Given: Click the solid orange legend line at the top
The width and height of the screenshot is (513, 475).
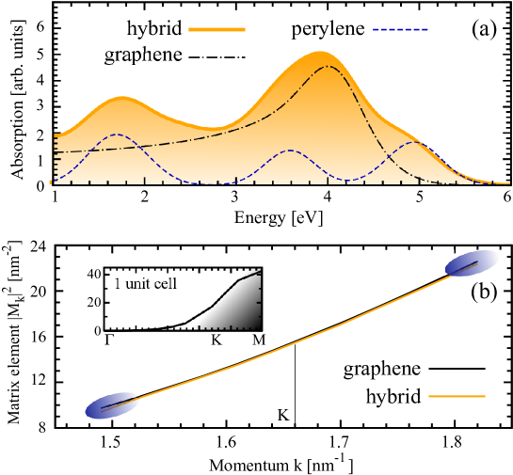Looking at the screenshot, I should click(216, 29).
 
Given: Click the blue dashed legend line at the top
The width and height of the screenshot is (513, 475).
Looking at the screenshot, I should click(401, 29).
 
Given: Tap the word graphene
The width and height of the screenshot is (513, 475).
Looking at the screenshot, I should click(143, 56).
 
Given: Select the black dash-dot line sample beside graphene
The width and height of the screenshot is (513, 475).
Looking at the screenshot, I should click(216, 57).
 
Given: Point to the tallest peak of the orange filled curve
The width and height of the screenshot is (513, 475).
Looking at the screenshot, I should click(320, 54).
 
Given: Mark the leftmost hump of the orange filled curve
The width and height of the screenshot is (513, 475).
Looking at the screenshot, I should click(120, 98).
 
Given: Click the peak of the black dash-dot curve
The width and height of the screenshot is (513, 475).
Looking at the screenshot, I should click(327, 67).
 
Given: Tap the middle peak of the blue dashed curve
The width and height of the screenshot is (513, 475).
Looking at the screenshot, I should click(290, 150).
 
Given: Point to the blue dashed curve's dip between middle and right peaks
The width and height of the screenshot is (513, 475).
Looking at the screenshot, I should click(348, 179).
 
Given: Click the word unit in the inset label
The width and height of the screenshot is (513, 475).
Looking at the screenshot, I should click(140, 283).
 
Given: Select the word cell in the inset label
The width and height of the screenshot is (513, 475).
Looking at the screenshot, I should click(166, 283).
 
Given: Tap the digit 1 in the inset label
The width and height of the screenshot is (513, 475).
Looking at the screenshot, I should click(117, 283).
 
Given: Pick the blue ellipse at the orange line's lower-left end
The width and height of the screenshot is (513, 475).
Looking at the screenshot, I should click(113, 405).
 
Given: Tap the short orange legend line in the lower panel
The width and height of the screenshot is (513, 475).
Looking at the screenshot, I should click(457, 396).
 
